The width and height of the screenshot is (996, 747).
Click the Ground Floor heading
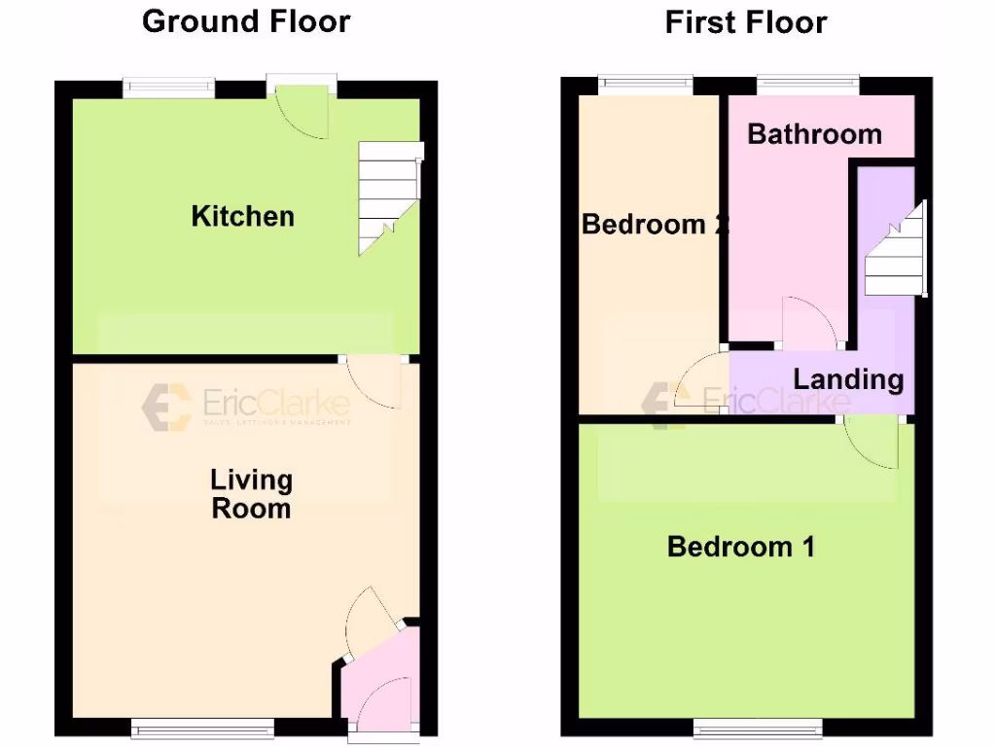pyautogui.click(x=246, y=21)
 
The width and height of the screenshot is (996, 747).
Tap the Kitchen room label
pyautogui.click(x=242, y=216)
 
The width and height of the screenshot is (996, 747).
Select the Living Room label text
pyautogui.click(x=251, y=494)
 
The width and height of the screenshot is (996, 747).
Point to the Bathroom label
pyautogui.click(x=814, y=134)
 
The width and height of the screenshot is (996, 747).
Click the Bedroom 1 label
pyautogui.click(x=740, y=547)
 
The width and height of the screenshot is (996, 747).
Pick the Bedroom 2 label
pyautogui.click(x=654, y=225)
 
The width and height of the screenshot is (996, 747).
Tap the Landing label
pyautogui.click(x=848, y=379)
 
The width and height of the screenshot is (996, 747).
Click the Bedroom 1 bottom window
pyautogui.click(x=758, y=728)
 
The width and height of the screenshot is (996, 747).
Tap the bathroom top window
pyautogui.click(x=808, y=86)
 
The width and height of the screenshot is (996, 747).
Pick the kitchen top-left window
pyautogui.click(x=169, y=89)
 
